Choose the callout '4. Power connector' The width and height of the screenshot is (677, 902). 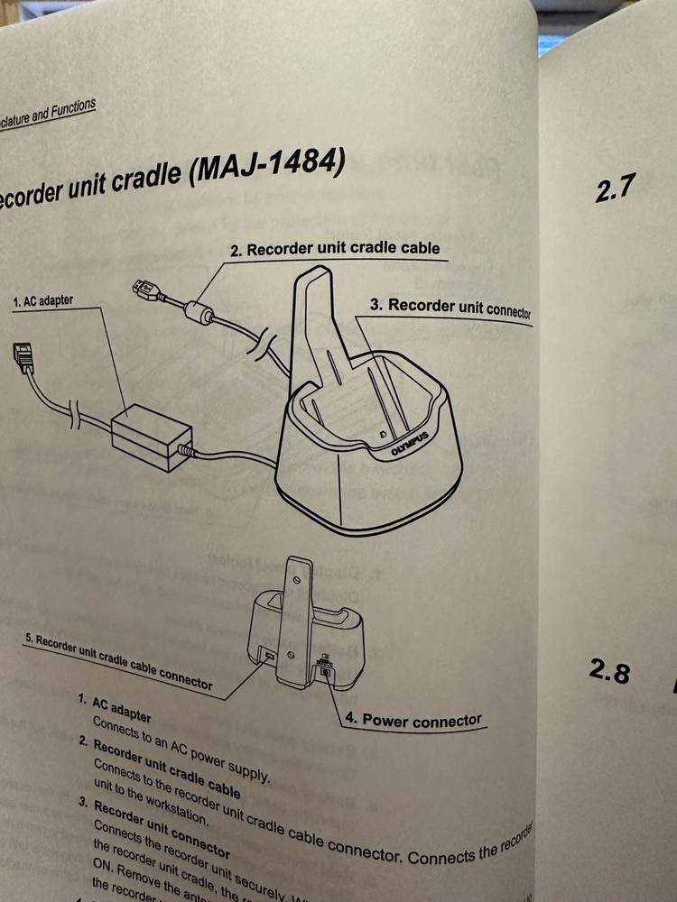[413, 720]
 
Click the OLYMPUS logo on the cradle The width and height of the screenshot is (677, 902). [409, 446]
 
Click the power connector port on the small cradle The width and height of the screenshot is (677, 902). [324, 670]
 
